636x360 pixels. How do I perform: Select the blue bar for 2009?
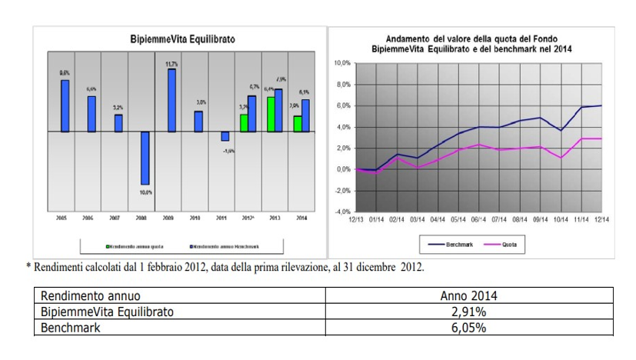[171, 100]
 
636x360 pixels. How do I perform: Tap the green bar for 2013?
[271, 114]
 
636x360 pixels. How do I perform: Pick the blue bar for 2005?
[65, 105]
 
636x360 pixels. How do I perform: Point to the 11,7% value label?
[171, 64]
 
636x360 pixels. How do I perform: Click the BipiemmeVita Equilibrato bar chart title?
[182, 38]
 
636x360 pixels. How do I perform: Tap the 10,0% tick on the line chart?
[342, 63]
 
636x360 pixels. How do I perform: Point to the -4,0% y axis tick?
[341, 212]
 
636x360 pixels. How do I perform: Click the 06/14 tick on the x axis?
[479, 219]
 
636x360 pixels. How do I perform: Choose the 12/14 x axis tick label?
[601, 219]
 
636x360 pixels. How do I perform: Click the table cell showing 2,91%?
[469, 312]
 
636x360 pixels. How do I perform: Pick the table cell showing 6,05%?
[469, 327]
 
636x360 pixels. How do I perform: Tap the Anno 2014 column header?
[469, 296]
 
